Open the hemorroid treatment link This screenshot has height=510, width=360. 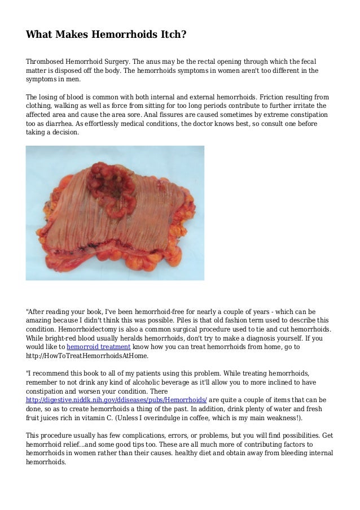[x=98, y=346]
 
